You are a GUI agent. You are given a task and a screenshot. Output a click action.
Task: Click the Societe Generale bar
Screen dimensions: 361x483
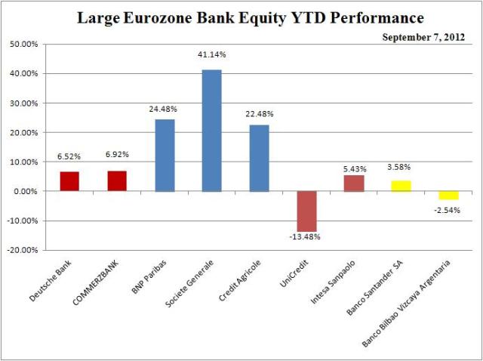(x=212, y=130)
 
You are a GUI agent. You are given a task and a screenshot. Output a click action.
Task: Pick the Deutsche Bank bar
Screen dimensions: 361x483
(x=70, y=181)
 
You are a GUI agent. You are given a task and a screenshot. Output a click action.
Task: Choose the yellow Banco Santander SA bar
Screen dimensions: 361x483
(x=401, y=186)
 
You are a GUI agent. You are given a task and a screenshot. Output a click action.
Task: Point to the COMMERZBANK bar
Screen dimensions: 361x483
(x=117, y=180)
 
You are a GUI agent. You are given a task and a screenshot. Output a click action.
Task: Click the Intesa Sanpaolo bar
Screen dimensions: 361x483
(x=353, y=183)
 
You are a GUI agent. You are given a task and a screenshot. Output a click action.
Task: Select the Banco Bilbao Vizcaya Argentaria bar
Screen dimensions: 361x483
(x=448, y=195)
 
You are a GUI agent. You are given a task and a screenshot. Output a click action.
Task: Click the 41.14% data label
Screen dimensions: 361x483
(x=212, y=55)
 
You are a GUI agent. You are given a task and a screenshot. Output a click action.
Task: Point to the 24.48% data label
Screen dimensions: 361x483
(x=165, y=108)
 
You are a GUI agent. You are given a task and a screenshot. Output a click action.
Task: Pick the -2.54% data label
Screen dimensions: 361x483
(x=448, y=208)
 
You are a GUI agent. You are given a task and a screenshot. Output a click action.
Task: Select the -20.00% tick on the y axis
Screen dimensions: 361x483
(x=24, y=251)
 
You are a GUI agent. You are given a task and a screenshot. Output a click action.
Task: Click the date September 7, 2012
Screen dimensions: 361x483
(x=425, y=37)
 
